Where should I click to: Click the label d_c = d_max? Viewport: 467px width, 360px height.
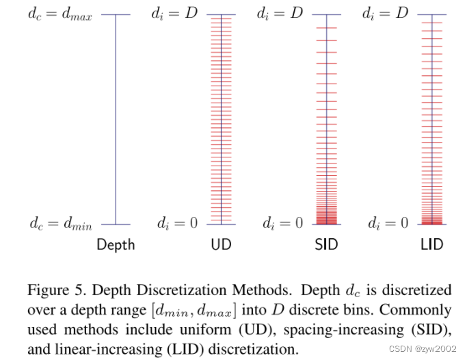(60, 14)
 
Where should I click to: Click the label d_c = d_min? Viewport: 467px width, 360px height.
(60, 224)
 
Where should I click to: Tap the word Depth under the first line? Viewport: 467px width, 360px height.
(116, 244)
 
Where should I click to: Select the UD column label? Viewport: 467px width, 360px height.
(221, 244)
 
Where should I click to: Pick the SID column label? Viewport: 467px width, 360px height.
(326, 244)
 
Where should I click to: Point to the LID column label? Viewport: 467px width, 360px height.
(431, 244)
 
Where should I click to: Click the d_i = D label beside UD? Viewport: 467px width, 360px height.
(174, 14)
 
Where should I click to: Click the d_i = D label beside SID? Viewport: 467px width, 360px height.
(280, 14)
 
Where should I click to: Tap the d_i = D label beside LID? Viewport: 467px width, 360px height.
(385, 14)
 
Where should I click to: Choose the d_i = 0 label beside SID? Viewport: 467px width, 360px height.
(282, 224)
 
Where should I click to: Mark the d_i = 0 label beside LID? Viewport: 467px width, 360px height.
(387, 224)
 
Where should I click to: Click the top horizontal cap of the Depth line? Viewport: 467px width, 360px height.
(116, 15)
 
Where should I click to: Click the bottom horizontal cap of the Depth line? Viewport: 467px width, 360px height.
(116, 224)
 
